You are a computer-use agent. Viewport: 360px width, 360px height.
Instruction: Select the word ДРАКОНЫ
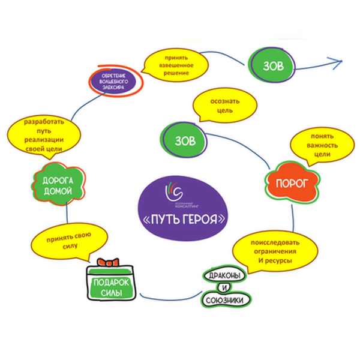tap(223, 275)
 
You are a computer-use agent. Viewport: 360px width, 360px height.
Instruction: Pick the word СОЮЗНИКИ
tap(224, 299)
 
